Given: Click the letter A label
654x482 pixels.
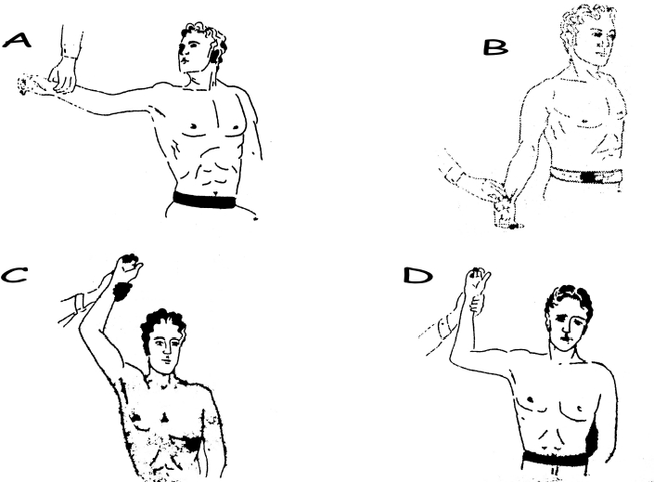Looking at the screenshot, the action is (x=17, y=41).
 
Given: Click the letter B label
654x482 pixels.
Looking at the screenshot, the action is (x=495, y=47).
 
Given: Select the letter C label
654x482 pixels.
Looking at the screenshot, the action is (x=14, y=276).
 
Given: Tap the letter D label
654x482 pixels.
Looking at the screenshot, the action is (x=417, y=276).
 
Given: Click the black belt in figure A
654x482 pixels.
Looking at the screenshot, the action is (x=204, y=200).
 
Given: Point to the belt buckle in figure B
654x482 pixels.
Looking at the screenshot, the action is (x=589, y=177).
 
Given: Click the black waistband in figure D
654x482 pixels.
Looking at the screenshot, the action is (x=555, y=459).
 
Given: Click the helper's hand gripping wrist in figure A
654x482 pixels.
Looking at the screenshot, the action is (x=62, y=75).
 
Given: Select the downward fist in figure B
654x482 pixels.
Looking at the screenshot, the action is (x=506, y=213).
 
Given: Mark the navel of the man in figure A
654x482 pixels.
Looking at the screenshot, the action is (x=215, y=193).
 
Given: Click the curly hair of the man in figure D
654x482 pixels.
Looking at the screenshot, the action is (x=569, y=302).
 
